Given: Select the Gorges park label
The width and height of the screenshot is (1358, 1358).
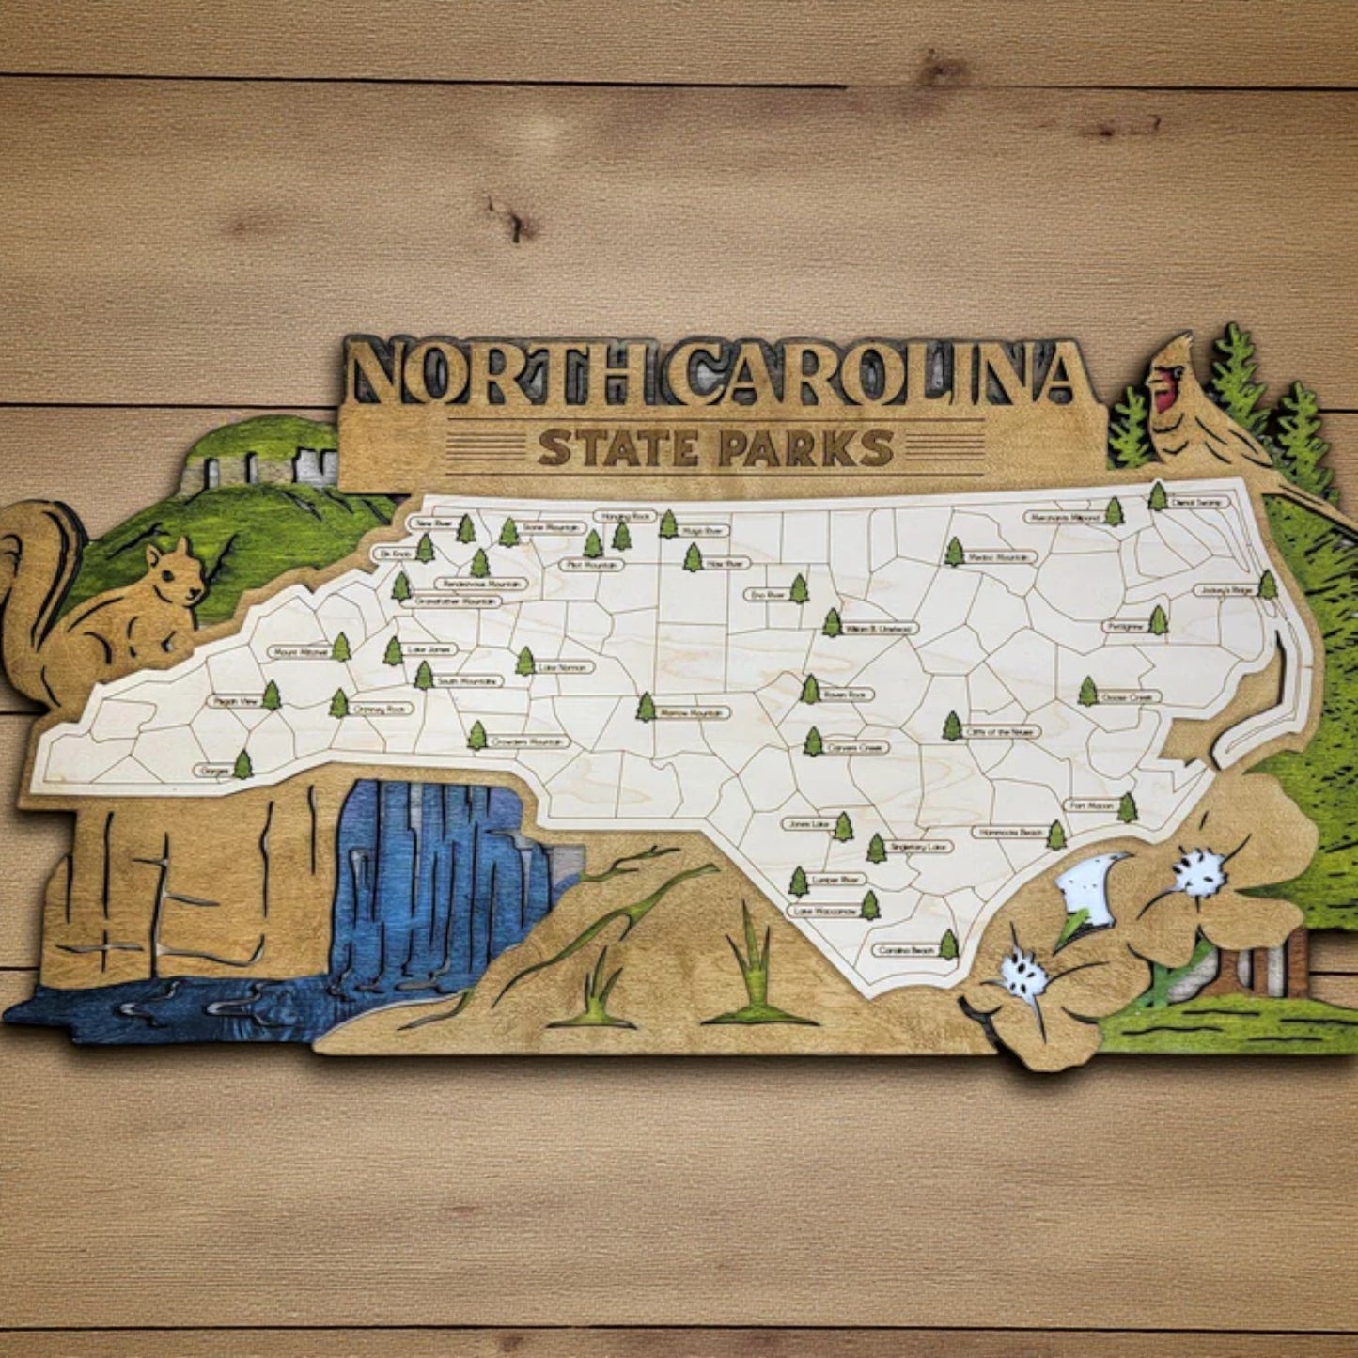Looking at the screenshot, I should click(213, 771).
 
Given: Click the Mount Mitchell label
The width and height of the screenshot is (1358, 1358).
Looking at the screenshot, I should click(299, 650).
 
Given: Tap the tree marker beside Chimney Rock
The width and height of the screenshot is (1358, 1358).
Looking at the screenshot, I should click(338, 703).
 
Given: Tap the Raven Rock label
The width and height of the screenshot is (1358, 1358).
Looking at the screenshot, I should click(847, 695).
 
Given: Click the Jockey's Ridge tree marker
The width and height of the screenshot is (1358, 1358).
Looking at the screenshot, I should click(1268, 585).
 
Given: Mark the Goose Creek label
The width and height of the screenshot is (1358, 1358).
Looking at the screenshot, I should click(1131, 697).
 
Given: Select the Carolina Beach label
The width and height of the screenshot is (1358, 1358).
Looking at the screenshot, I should click(904, 950).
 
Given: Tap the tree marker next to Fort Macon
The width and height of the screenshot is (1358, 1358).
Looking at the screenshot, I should click(1128, 807).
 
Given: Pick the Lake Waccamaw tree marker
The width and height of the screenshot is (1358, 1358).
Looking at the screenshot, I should click(870, 906).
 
